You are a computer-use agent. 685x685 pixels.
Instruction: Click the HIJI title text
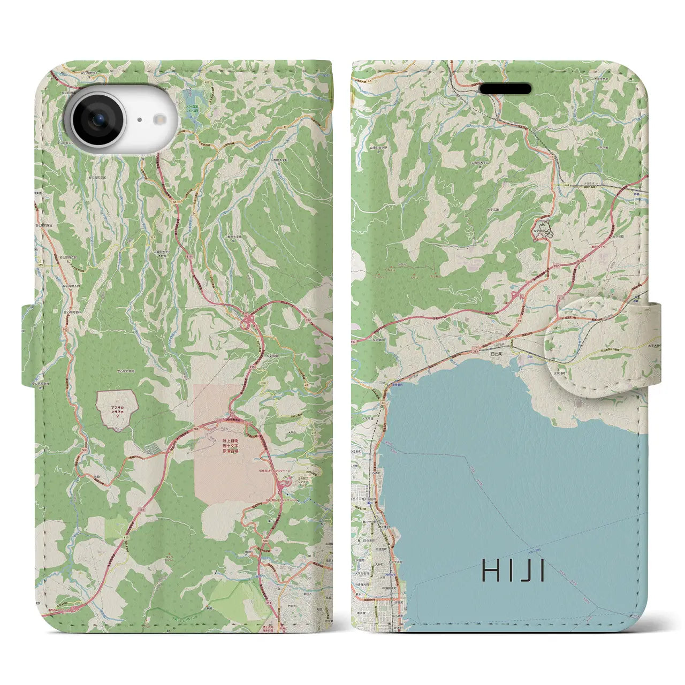[x=513, y=571]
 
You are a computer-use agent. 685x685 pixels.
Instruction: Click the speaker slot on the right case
[x=505, y=88]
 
